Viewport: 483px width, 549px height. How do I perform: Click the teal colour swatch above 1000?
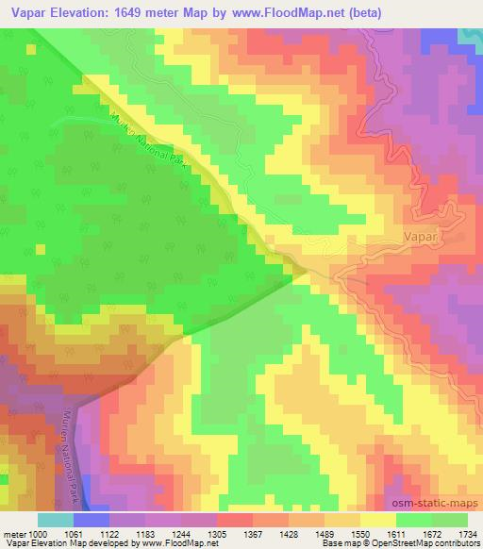pos(56,520)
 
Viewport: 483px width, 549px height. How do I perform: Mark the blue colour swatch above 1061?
pos(92,520)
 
